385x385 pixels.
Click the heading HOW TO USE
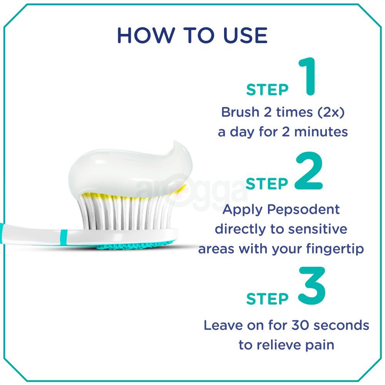[192, 35]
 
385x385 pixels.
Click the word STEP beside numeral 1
[267, 89]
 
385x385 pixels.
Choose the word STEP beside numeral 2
[266, 184]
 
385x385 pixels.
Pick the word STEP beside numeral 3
[267, 299]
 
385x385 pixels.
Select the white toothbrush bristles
[127, 212]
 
